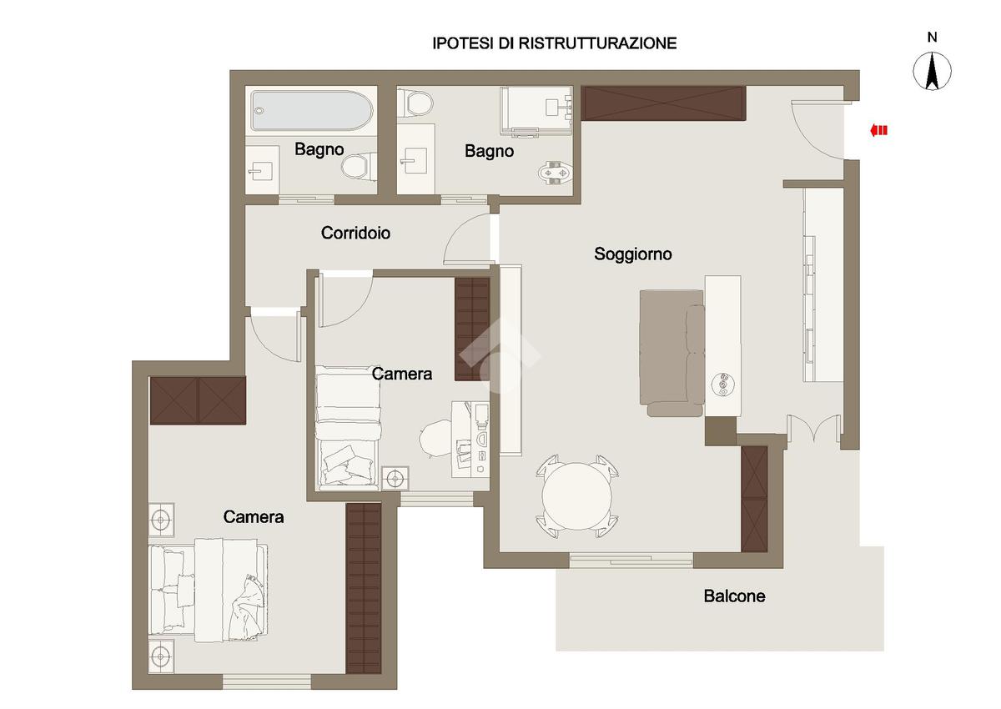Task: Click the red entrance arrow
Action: coord(878,130)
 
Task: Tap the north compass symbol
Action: coord(933,72)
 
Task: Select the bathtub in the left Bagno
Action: coord(311,111)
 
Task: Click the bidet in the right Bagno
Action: coord(555,173)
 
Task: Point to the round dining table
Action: coord(577,496)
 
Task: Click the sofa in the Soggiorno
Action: coord(672,353)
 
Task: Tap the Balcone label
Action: coord(734,596)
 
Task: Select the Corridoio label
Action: coord(355,233)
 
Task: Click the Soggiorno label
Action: coord(633,254)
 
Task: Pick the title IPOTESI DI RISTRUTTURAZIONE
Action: coord(555,43)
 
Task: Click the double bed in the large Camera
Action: coord(209,591)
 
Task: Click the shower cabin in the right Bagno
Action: coord(536,111)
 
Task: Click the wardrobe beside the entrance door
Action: coord(664,103)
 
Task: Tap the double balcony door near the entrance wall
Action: coord(813,429)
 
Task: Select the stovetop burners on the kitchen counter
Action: coord(721,384)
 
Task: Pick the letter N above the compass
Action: coord(933,38)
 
